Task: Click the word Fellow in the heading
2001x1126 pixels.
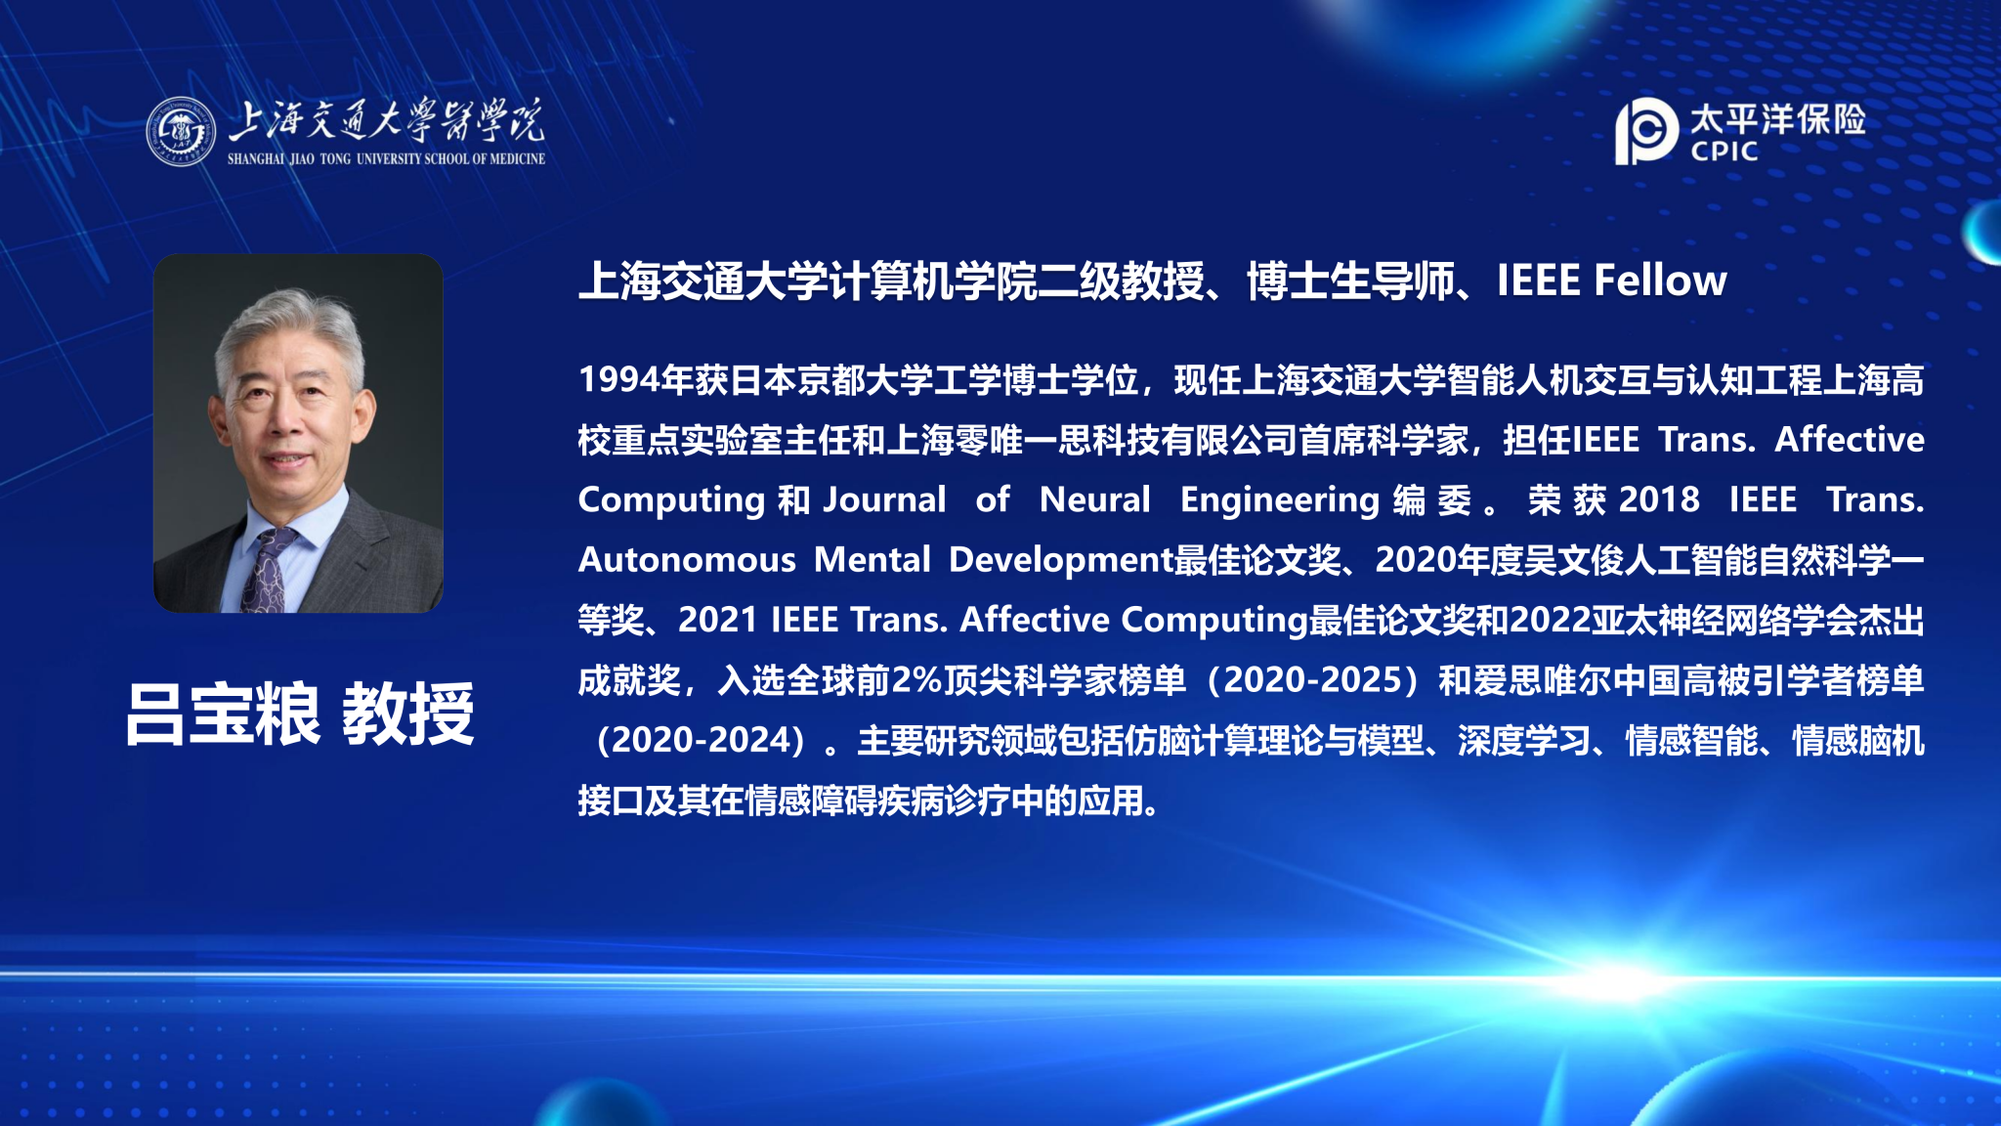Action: [x=1660, y=281]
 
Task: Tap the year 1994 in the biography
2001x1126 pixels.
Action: [x=618, y=380]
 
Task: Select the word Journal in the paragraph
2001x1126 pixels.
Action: [x=884, y=499]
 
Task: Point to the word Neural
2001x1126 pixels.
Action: [x=1094, y=499]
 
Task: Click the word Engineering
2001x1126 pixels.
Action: [x=1279, y=500]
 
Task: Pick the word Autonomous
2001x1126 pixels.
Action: [x=687, y=560]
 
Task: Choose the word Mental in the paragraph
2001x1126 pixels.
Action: [x=873, y=560]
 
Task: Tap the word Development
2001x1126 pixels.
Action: [x=1061, y=561]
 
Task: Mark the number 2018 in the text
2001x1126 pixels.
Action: [x=1659, y=499]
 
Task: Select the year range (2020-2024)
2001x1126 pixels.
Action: [x=702, y=741]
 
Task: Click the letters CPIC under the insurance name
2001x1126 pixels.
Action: [x=1724, y=152]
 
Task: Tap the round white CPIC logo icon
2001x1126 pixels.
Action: [x=1646, y=131]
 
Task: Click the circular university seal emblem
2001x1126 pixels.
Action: [x=181, y=131]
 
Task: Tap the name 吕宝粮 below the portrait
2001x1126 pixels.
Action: [x=223, y=715]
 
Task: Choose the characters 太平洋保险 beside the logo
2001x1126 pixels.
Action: [x=1778, y=119]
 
